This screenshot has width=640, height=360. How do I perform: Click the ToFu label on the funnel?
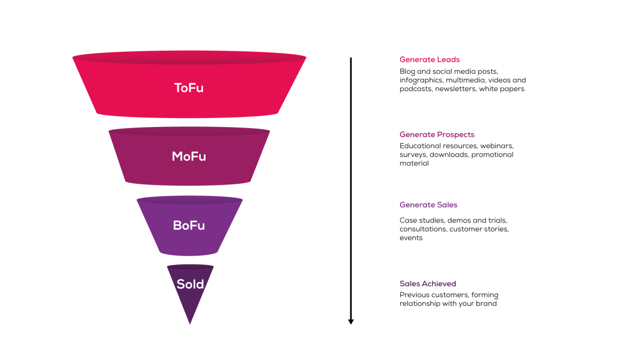189,88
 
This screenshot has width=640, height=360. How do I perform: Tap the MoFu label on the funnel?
189,156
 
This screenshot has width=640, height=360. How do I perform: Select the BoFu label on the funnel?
189,225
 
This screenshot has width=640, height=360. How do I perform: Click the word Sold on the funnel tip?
190,284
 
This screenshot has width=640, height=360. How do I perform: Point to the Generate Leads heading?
429,59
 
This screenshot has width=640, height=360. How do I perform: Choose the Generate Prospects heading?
437,134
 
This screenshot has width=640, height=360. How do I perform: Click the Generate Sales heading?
428,205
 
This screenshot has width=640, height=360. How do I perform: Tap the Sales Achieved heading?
428,284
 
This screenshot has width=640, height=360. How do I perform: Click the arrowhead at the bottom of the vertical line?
351,322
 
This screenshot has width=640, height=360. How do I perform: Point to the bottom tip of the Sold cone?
190,324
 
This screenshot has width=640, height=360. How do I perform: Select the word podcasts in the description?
416,89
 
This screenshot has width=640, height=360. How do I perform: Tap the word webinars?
496,146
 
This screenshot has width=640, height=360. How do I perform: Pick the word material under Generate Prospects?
414,163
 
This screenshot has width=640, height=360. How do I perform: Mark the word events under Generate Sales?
411,238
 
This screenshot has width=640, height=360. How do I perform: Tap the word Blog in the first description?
407,72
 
